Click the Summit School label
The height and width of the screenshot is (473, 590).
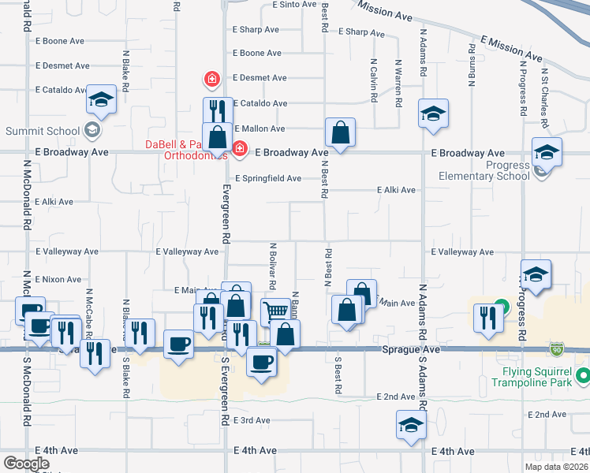[43, 131]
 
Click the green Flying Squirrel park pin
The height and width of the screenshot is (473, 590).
[583, 374]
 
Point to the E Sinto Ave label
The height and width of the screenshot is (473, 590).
[294, 5]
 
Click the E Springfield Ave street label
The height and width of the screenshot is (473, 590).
[267, 179]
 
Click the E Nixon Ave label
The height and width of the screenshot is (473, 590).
[58, 279]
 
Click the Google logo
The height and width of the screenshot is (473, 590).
[26, 464]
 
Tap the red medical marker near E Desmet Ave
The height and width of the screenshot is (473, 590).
[211, 78]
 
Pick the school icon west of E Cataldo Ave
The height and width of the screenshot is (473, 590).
[101, 99]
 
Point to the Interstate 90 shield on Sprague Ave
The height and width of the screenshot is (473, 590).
[557, 348]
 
